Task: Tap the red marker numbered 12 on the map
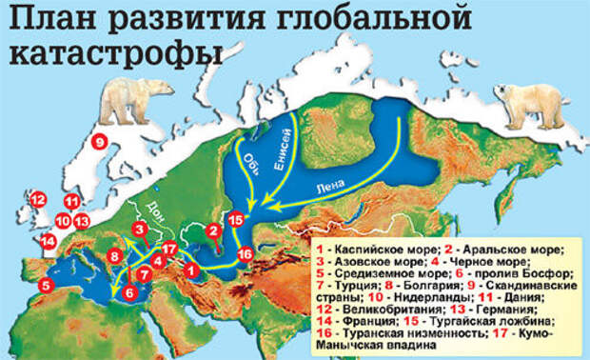tap(38, 200)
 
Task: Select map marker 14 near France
tap(47, 240)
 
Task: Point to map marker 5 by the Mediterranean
tap(46, 284)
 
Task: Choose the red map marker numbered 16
tap(245, 254)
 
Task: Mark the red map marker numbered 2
tap(214, 230)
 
